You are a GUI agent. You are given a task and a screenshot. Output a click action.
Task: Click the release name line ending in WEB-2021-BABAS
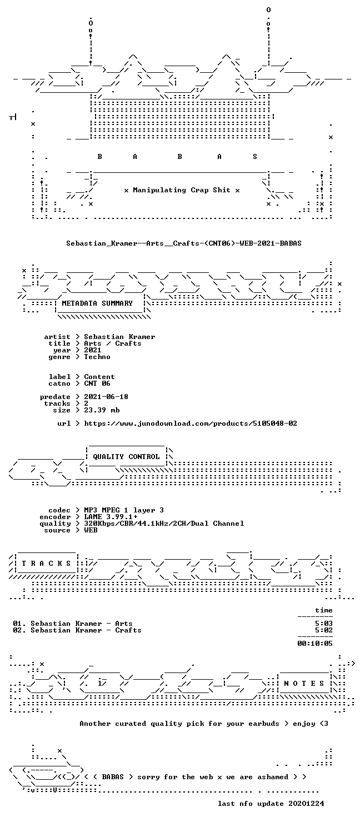tap(184, 243)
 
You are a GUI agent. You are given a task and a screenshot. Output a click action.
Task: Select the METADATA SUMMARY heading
tap(97, 303)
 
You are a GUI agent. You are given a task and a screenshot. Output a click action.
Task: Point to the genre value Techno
tap(97, 357)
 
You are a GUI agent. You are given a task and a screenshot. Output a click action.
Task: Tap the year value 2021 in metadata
tap(93, 350)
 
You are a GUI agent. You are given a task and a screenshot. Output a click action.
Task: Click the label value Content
tap(99, 377)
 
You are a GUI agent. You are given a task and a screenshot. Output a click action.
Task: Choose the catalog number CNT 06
tap(97, 383)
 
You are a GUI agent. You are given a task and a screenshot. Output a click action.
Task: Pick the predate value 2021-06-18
tap(106, 397)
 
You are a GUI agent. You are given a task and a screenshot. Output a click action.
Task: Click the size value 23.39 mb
tap(102, 410)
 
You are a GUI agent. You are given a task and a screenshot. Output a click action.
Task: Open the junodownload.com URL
tap(191, 424)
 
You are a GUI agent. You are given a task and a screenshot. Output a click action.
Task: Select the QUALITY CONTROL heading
tap(126, 457)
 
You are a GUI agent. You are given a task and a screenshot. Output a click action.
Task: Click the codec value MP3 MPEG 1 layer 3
tap(124, 510)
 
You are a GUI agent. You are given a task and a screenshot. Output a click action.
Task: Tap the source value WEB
tap(91, 530)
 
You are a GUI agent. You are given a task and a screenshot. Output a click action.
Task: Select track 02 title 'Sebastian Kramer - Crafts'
tap(86, 630)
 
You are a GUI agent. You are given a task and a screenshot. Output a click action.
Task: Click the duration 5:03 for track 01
tap(324, 624)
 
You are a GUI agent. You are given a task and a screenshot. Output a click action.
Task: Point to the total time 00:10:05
tap(315, 644)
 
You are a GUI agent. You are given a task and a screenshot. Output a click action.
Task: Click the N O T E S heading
tap(304, 684)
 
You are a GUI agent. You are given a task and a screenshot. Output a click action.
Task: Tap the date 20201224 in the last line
tap(307, 804)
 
